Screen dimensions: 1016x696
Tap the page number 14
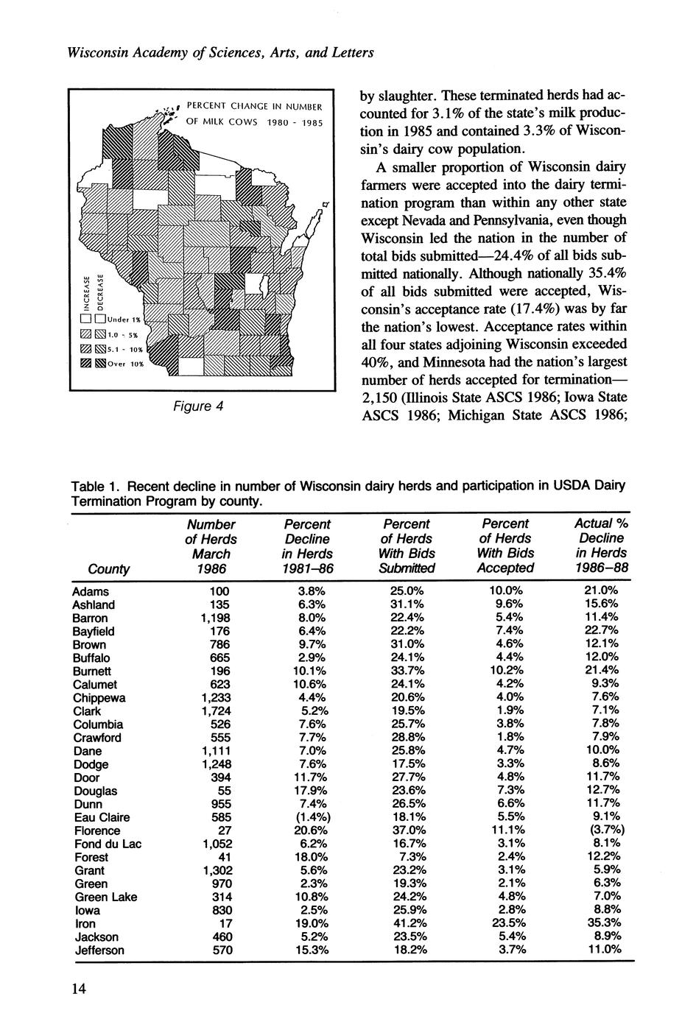click(x=79, y=988)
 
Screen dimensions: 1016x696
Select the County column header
click(x=108, y=568)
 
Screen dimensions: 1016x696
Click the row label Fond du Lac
click(x=108, y=844)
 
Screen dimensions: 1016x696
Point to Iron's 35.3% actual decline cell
click(x=602, y=923)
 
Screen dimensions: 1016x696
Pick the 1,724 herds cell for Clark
click(x=216, y=711)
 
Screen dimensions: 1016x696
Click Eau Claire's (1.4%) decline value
click(x=307, y=817)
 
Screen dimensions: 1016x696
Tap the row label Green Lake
click(x=106, y=897)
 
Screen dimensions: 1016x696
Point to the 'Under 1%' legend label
click(x=124, y=320)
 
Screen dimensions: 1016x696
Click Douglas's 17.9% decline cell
click(x=307, y=791)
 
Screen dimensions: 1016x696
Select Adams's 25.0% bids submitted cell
click(x=407, y=591)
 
